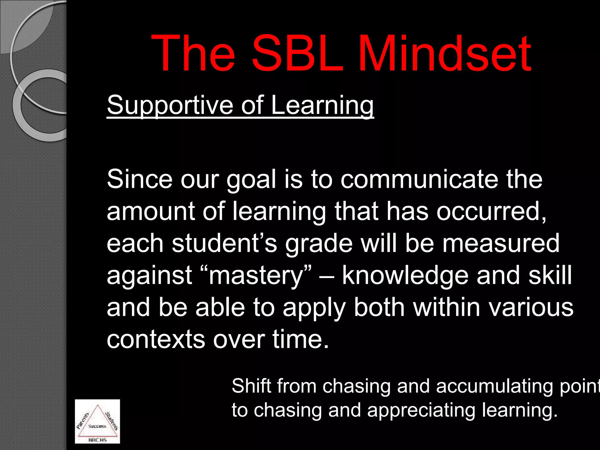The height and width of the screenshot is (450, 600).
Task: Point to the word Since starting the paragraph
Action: point(139,179)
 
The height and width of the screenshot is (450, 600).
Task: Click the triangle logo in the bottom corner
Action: point(97,421)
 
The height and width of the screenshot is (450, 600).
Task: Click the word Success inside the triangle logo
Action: point(97,426)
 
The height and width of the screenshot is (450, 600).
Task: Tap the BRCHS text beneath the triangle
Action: point(97,440)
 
